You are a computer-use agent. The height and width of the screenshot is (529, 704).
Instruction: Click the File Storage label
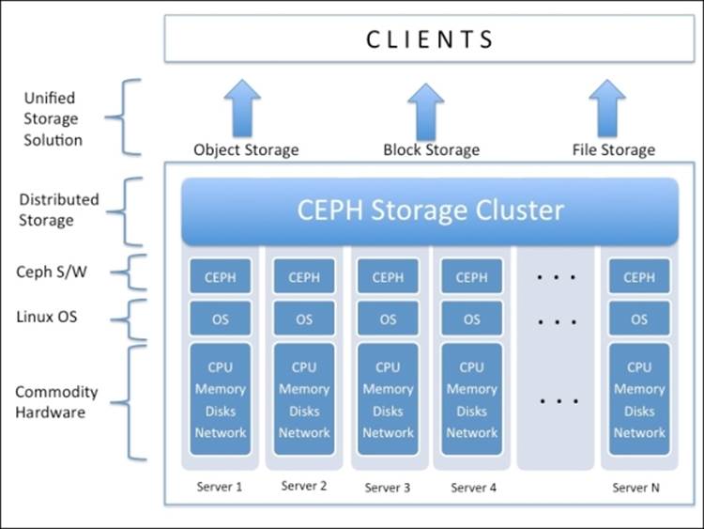[613, 149]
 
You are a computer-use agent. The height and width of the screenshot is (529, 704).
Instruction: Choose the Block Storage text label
[431, 149]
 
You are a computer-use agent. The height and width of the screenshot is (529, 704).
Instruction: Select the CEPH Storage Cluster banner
[430, 210]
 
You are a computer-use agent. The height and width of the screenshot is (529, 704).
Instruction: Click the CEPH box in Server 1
[221, 277]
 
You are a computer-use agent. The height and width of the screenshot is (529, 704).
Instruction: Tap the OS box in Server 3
[388, 319]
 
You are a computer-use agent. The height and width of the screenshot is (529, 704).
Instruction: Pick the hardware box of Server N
[639, 399]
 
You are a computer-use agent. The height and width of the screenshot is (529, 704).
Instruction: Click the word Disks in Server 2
[304, 411]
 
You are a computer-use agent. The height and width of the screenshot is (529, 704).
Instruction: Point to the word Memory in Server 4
[471, 389]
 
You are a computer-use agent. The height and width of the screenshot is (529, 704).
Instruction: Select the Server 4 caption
[471, 488]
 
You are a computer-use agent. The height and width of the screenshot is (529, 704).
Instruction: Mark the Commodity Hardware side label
[55, 401]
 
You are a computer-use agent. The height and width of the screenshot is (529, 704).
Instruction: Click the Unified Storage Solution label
[53, 118]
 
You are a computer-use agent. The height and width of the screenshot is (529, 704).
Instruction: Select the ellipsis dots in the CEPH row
[556, 278]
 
